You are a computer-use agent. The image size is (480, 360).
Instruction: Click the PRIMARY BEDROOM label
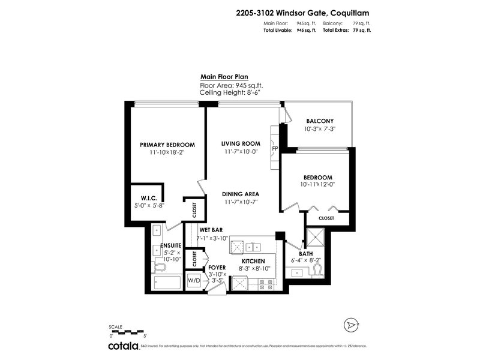(167, 145)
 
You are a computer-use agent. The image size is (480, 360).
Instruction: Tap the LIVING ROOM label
(240, 143)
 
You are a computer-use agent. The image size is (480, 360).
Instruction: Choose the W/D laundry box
(194, 280)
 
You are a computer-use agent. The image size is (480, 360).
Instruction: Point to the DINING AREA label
(240, 194)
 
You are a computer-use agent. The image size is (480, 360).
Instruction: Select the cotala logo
(123, 346)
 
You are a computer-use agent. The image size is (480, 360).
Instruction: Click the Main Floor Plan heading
(224, 77)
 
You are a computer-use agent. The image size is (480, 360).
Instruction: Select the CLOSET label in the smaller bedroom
(326, 218)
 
